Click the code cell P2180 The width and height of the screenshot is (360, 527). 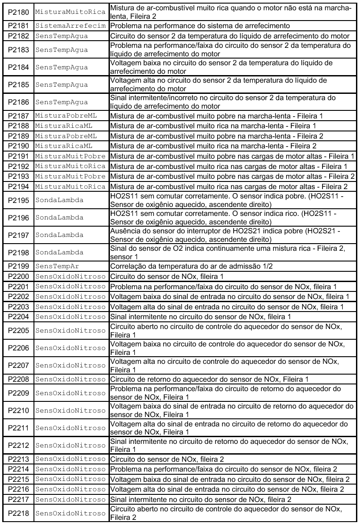[18, 9]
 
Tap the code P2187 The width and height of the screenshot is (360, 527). [18, 116]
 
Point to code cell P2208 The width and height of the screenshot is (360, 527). [18, 379]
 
